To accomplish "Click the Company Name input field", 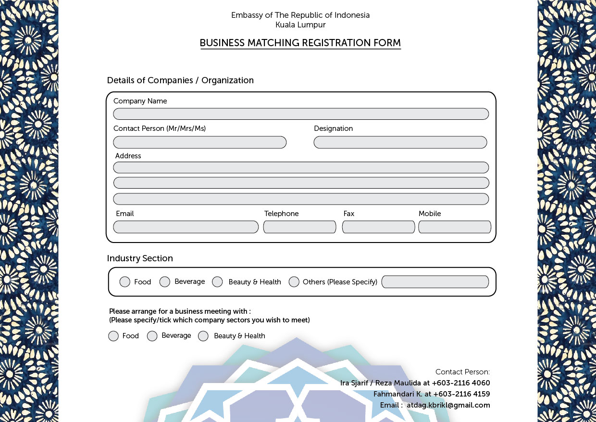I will [301, 114].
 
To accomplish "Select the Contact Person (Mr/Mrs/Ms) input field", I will [199, 142].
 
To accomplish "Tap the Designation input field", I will [400, 142].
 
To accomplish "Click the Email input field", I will [186, 227].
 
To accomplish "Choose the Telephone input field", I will [299, 227].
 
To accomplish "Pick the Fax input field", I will [378, 227].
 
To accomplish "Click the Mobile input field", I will [455, 227].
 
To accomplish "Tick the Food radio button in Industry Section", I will [125, 282].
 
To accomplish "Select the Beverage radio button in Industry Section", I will [165, 282].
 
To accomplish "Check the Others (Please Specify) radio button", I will [294, 282].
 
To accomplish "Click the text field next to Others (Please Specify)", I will [435, 282].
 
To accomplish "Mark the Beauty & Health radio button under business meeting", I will [203, 336].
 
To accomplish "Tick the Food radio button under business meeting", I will [113, 336].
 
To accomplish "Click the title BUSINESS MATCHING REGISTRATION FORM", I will [300, 43].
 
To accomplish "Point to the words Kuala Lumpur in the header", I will [300, 25].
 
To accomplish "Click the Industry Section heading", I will [140, 258].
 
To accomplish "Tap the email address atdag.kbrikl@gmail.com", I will [448, 405].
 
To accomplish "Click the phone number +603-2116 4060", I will [461, 383].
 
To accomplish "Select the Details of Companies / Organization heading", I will [180, 80].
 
